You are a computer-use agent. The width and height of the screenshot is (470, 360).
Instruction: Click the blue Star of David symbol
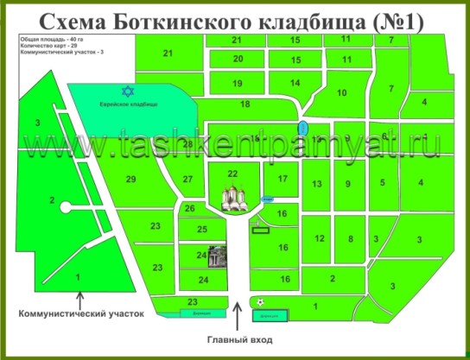click(130, 91)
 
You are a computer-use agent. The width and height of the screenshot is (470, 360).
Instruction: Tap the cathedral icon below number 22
click(232, 199)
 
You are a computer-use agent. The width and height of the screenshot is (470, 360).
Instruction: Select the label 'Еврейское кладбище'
click(128, 103)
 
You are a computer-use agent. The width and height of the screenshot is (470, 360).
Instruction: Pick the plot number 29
click(131, 180)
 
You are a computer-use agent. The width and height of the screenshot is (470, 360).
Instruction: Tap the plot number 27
click(187, 180)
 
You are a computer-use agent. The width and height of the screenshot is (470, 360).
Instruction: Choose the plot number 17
click(282, 179)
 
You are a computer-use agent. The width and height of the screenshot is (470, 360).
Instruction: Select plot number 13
click(317, 184)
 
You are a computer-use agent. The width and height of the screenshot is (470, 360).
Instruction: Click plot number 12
click(319, 238)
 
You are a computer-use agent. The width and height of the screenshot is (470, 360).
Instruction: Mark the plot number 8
click(350, 238)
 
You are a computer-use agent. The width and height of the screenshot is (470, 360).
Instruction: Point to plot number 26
click(190, 209)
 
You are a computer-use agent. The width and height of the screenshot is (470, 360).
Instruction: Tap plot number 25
click(202, 229)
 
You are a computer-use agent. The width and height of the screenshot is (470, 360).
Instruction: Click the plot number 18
click(245, 104)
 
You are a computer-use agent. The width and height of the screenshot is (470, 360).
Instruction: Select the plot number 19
click(238, 83)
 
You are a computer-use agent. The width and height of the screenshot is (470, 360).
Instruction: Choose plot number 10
click(341, 92)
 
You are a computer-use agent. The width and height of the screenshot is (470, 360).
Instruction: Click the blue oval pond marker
click(300, 128)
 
